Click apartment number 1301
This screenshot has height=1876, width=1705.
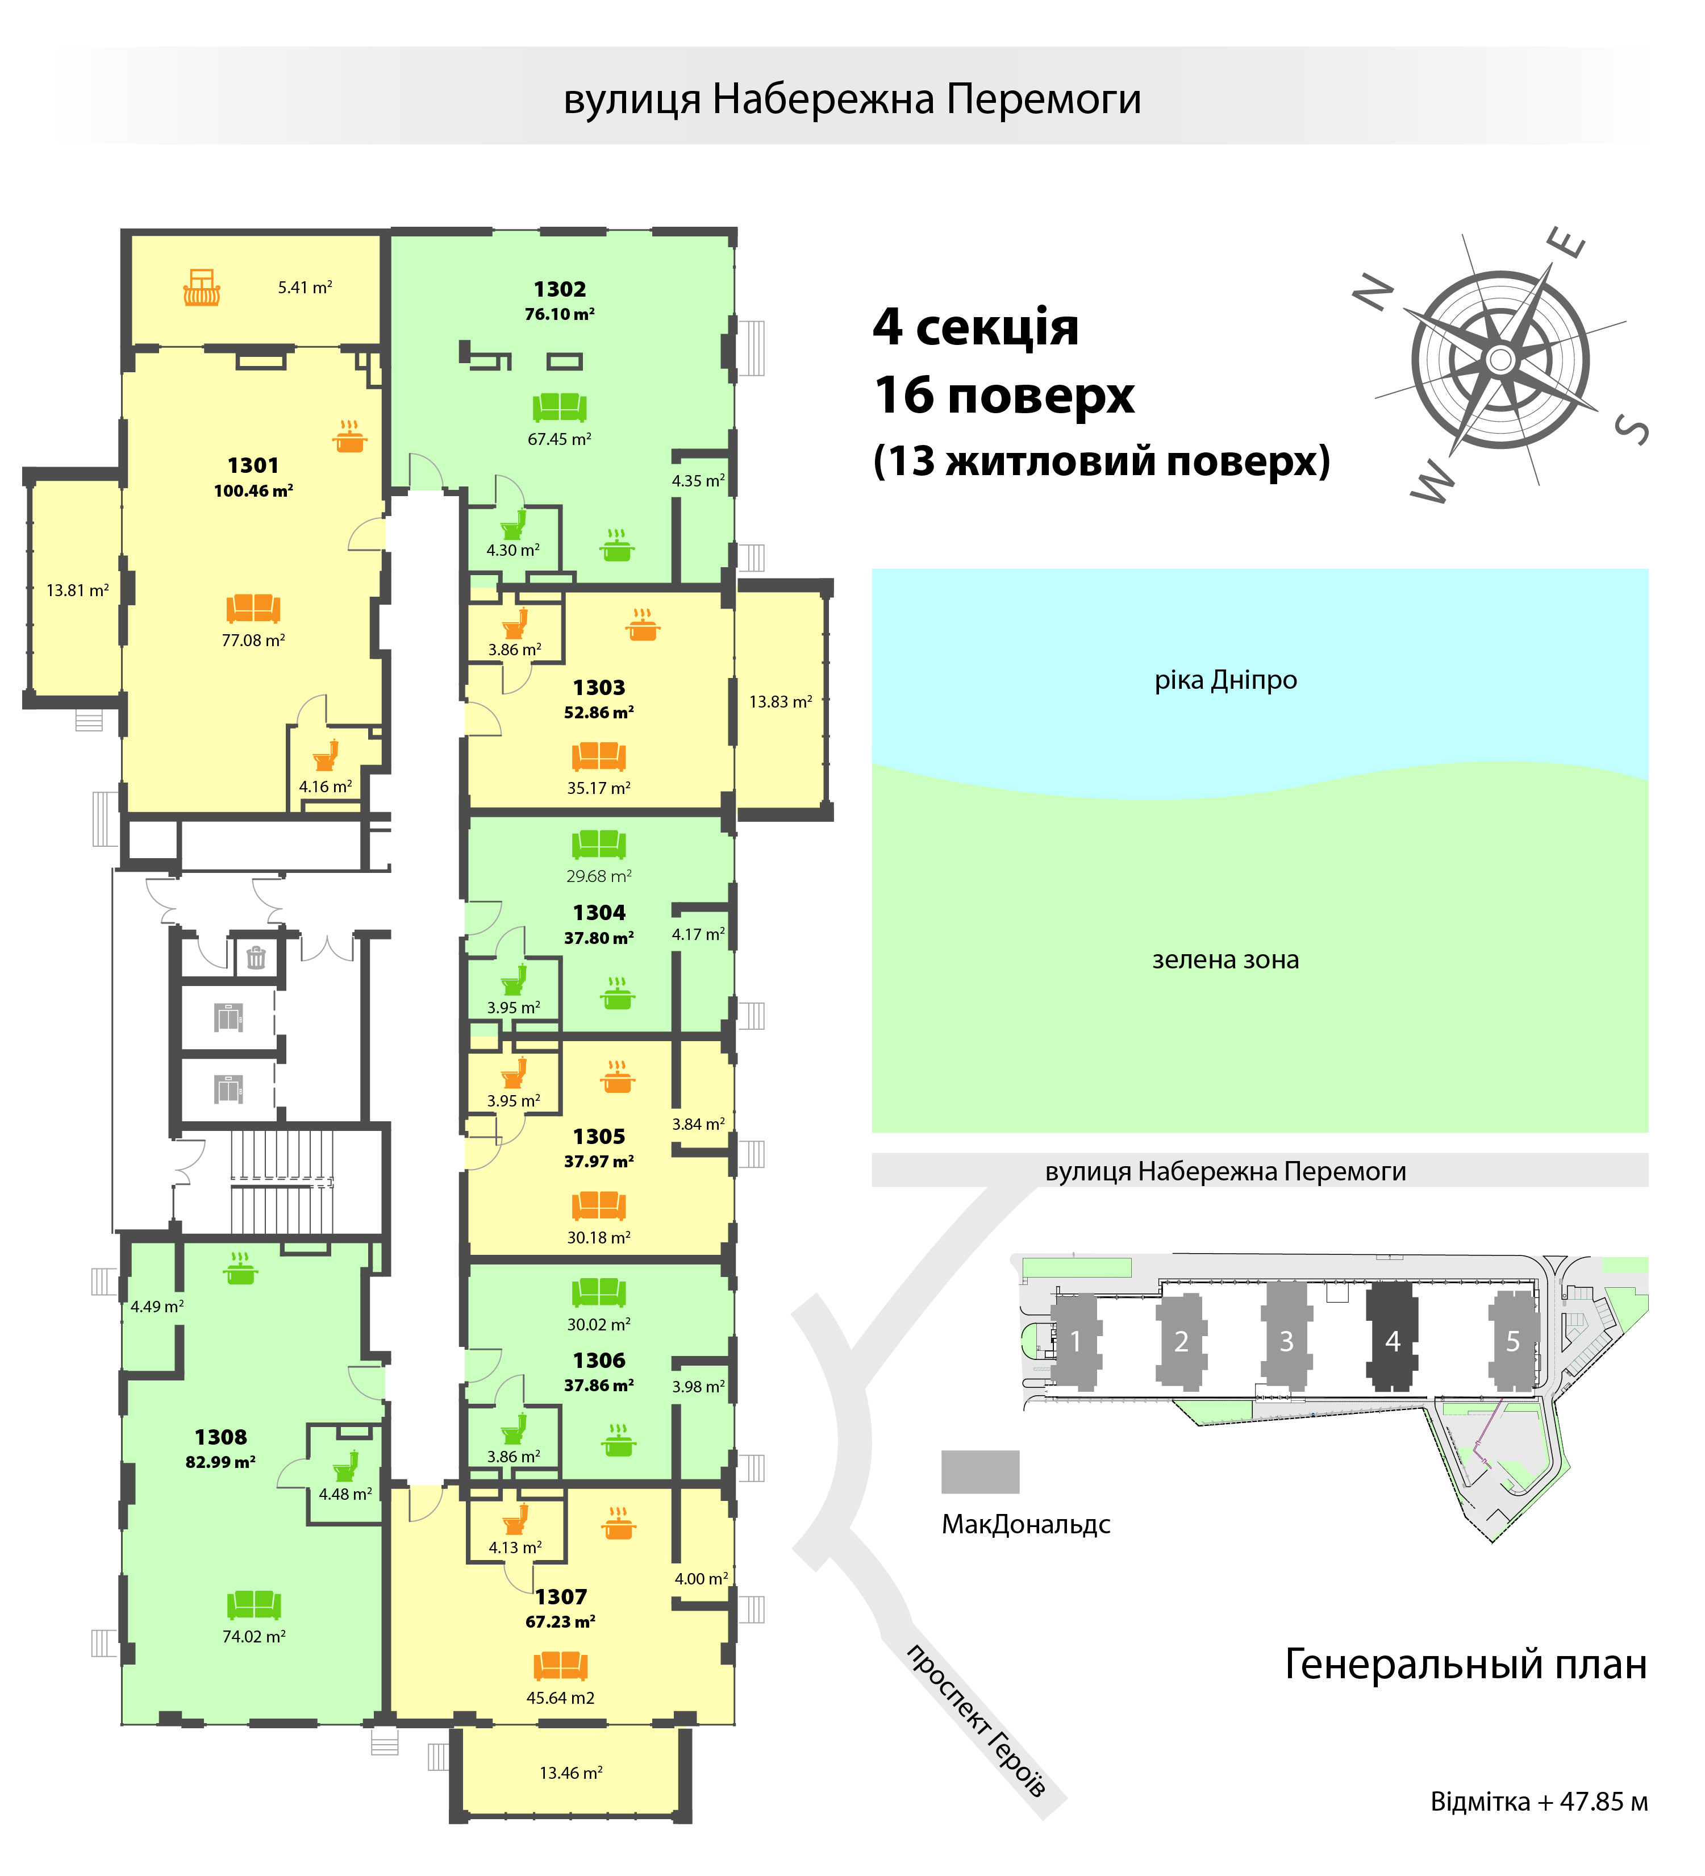click(x=253, y=465)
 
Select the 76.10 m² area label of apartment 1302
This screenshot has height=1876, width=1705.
click(x=559, y=314)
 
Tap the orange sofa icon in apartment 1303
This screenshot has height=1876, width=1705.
click(x=598, y=756)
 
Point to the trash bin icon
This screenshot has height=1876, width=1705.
click(x=256, y=956)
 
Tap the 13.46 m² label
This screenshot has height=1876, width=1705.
click(x=571, y=1773)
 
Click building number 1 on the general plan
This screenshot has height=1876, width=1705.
click(x=1075, y=1341)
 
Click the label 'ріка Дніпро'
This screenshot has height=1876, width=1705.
click(x=1225, y=680)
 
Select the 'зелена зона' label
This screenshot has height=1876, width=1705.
click(x=1225, y=959)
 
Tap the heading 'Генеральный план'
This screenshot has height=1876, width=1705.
click(x=1465, y=1665)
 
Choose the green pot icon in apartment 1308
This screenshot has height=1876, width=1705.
click(x=241, y=1268)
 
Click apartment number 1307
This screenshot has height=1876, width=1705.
click(x=561, y=1597)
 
